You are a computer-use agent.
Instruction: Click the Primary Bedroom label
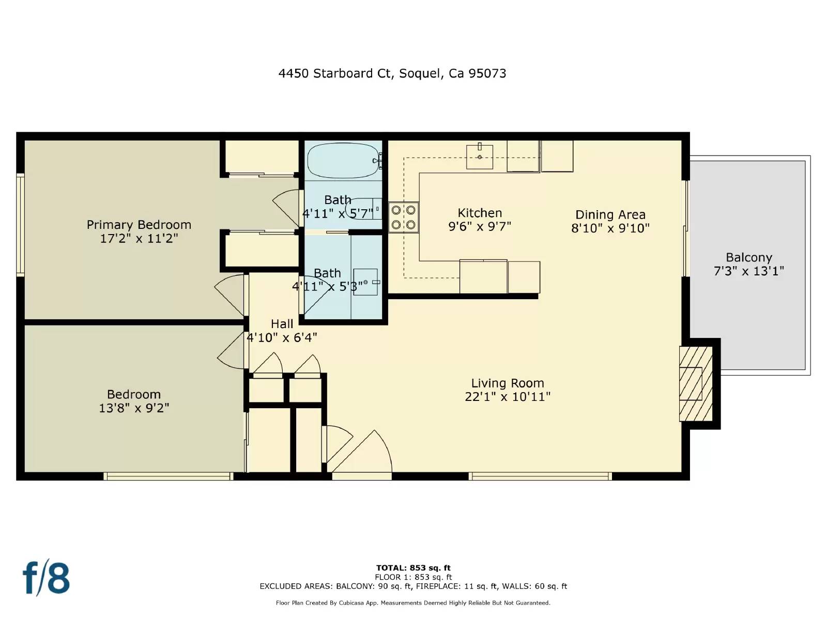(x=139, y=225)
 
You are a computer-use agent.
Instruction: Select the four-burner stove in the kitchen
(x=403, y=218)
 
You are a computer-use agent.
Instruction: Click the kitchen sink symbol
(x=479, y=157)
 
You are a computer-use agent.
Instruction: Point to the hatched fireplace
(x=696, y=383)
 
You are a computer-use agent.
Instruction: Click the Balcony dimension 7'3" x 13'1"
(x=748, y=271)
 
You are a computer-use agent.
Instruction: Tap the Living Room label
(x=507, y=383)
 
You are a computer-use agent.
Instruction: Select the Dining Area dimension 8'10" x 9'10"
(x=610, y=228)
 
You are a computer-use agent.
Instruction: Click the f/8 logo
(x=46, y=578)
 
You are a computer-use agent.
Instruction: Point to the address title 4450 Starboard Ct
(x=392, y=73)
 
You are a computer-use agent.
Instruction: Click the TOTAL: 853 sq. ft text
(x=413, y=568)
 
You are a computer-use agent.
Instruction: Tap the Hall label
(x=282, y=324)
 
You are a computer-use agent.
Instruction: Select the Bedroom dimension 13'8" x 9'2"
(x=134, y=408)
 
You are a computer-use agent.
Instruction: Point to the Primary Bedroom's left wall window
(x=20, y=224)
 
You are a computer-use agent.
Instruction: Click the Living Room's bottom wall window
(x=540, y=476)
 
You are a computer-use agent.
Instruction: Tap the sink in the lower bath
(x=365, y=282)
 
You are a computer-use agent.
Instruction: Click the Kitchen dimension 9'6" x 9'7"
(x=479, y=226)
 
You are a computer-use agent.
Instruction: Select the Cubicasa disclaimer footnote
(x=413, y=603)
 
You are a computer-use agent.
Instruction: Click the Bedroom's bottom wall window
(x=168, y=476)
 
